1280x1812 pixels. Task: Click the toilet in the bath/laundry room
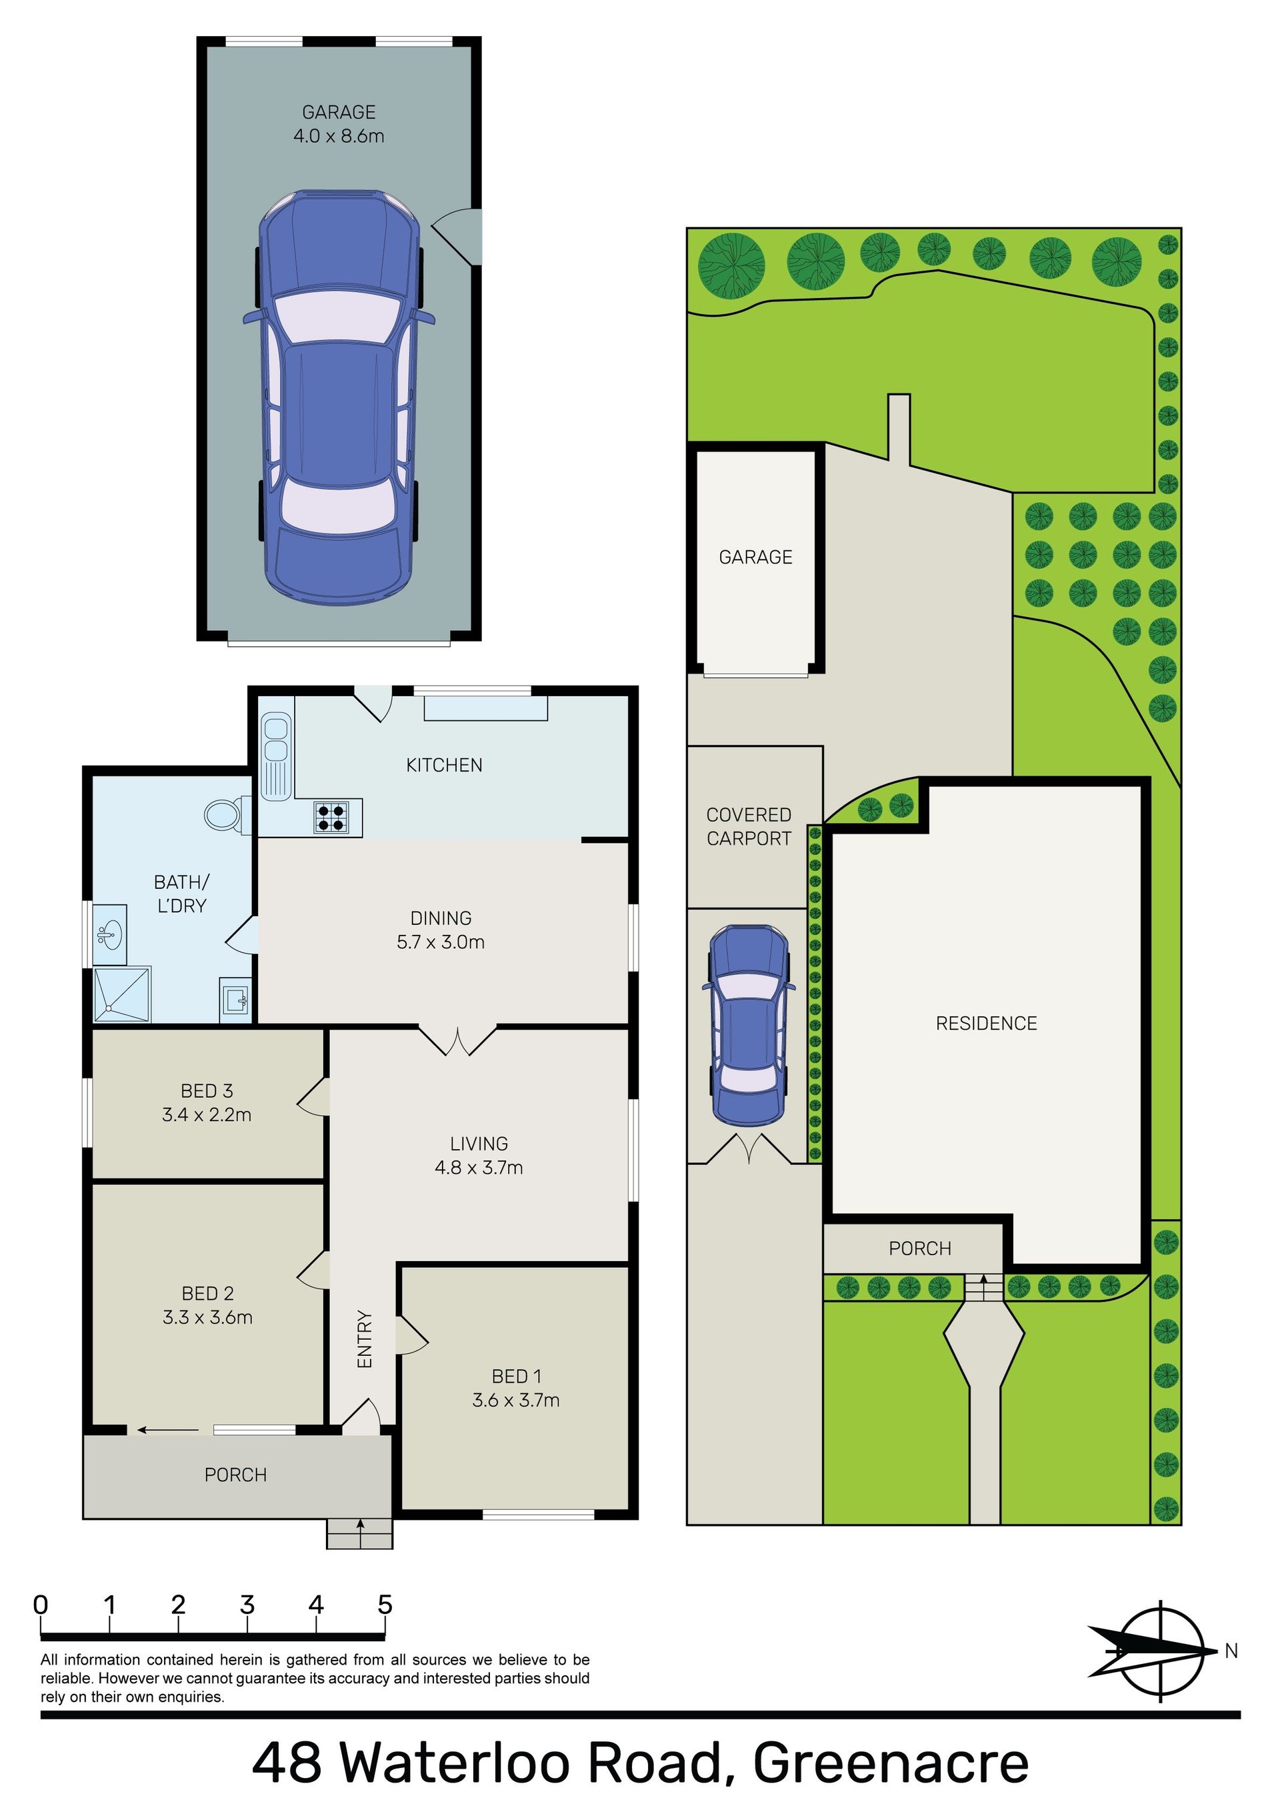point(227,814)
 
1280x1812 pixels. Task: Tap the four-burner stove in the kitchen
point(332,816)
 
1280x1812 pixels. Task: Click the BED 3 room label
point(207,1090)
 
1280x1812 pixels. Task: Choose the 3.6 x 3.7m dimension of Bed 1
point(516,1400)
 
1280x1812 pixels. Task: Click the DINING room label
point(441,918)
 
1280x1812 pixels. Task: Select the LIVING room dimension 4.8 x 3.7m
point(479,1167)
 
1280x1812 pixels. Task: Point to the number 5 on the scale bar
point(384,1604)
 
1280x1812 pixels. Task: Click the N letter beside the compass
point(1231,1650)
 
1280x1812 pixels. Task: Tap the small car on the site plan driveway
point(750,1024)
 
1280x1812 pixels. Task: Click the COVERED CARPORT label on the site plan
point(749,826)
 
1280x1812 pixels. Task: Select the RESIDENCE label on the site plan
point(987,1024)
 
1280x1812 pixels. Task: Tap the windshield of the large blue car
point(339,317)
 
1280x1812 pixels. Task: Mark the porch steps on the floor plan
point(360,1533)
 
